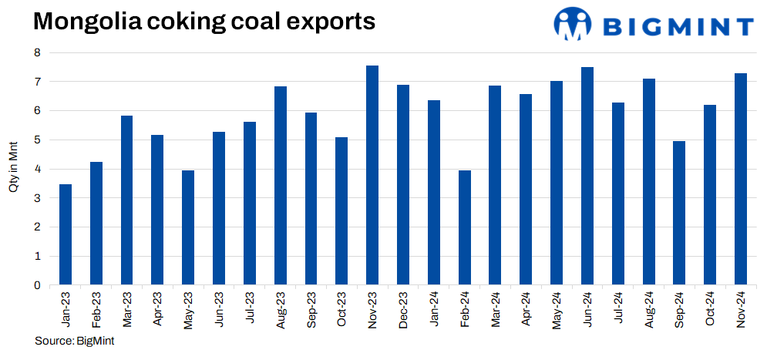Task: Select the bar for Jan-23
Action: [x=66, y=235]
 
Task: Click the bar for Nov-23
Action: [x=372, y=176]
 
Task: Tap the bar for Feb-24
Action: [x=465, y=228]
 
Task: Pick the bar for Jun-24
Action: [x=587, y=177]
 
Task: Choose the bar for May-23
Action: [x=188, y=228]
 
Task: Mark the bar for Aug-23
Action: [x=281, y=186]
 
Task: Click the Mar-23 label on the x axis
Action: [x=127, y=308]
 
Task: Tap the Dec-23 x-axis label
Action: [x=403, y=308]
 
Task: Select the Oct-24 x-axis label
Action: [x=710, y=308]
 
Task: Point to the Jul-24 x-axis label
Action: [x=618, y=308]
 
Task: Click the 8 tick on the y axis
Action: [x=36, y=52]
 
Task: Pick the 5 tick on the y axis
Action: [x=36, y=140]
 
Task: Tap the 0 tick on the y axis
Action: [x=36, y=285]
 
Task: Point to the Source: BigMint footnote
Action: [x=69, y=341]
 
